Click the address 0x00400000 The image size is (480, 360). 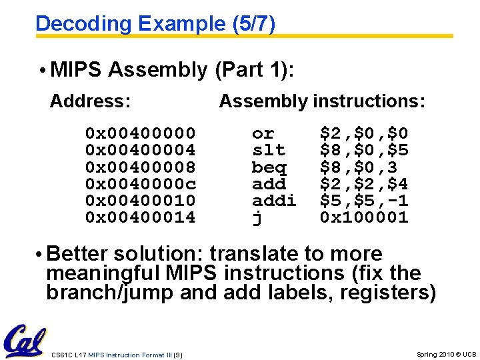[140, 134]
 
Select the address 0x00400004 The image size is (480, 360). [140, 151]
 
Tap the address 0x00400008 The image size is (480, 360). [140, 167]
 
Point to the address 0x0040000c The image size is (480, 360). [140, 184]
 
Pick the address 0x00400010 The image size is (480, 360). [140, 201]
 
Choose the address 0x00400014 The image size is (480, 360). [140, 217]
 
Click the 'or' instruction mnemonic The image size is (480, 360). [263, 134]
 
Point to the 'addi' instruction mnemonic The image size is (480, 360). [273, 201]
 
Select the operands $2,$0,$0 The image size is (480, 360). [364, 134]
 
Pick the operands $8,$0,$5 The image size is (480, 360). [364, 151]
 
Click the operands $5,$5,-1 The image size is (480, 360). [364, 201]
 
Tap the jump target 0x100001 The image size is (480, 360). [364, 217]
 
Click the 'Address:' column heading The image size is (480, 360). [90, 101]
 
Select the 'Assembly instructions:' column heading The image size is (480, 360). [322, 101]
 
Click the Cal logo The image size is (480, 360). [24, 341]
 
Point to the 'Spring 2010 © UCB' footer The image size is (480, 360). [446, 355]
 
